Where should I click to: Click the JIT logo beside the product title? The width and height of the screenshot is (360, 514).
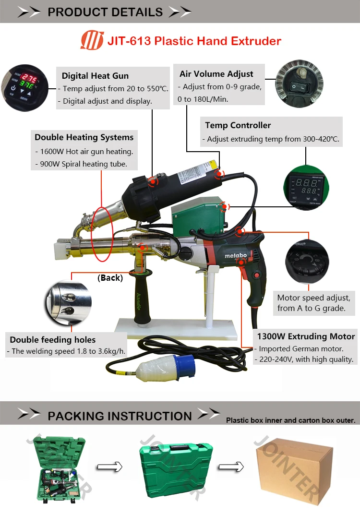click(x=91, y=40)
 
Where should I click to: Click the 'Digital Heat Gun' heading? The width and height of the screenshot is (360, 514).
click(x=95, y=76)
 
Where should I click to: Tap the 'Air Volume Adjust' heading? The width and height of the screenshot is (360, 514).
click(x=216, y=74)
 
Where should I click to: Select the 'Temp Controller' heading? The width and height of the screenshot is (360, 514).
click(x=238, y=125)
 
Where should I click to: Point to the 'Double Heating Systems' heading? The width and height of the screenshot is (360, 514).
click(x=84, y=137)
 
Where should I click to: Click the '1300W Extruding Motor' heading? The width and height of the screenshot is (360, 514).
click(x=306, y=336)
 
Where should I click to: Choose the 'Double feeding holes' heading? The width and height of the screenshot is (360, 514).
click(x=53, y=340)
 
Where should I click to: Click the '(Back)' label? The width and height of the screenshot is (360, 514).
click(x=110, y=278)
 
